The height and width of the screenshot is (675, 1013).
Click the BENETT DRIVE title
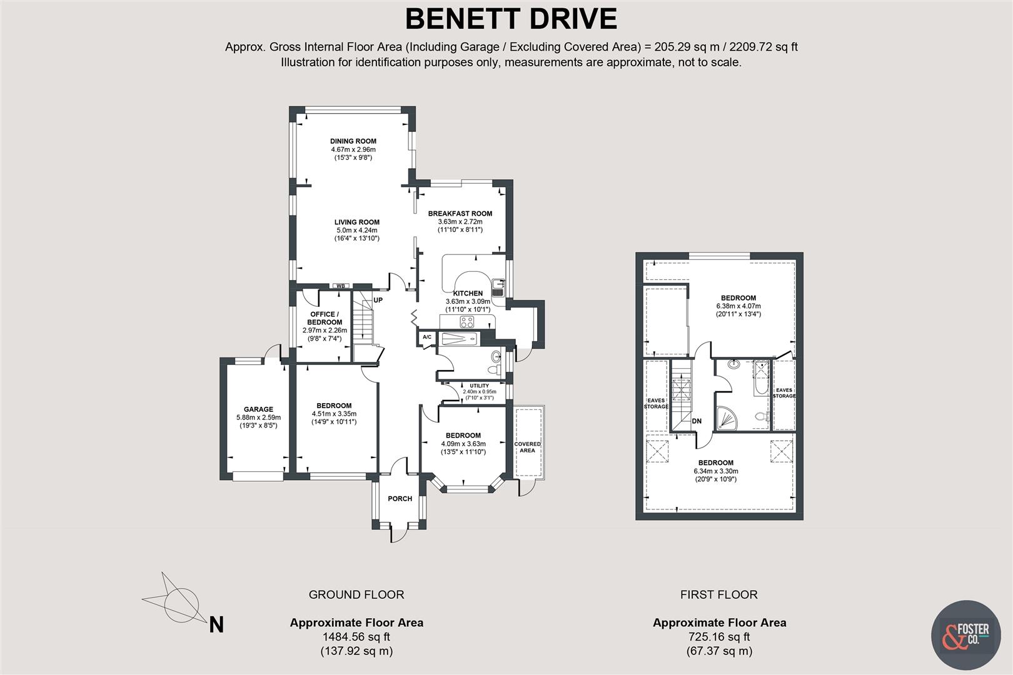511,19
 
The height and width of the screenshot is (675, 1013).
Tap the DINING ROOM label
353,141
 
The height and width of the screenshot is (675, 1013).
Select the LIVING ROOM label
356,222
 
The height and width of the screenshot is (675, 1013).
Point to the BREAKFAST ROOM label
460,214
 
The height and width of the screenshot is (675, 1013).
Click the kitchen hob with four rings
466,322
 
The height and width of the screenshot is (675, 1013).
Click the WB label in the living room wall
340,286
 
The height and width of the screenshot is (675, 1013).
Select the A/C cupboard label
427,337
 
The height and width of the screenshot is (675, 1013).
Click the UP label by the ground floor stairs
378,300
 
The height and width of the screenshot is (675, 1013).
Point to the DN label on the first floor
697,421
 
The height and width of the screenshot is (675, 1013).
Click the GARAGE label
258,409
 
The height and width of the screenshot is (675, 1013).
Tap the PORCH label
400,499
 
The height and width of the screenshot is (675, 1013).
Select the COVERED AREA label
527,447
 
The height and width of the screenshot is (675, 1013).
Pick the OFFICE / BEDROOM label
325,318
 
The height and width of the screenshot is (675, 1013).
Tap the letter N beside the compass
216,624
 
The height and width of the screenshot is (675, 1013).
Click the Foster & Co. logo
965,634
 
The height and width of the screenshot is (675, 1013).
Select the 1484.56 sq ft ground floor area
356,637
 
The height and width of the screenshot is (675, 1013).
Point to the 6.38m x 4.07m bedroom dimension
738,306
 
